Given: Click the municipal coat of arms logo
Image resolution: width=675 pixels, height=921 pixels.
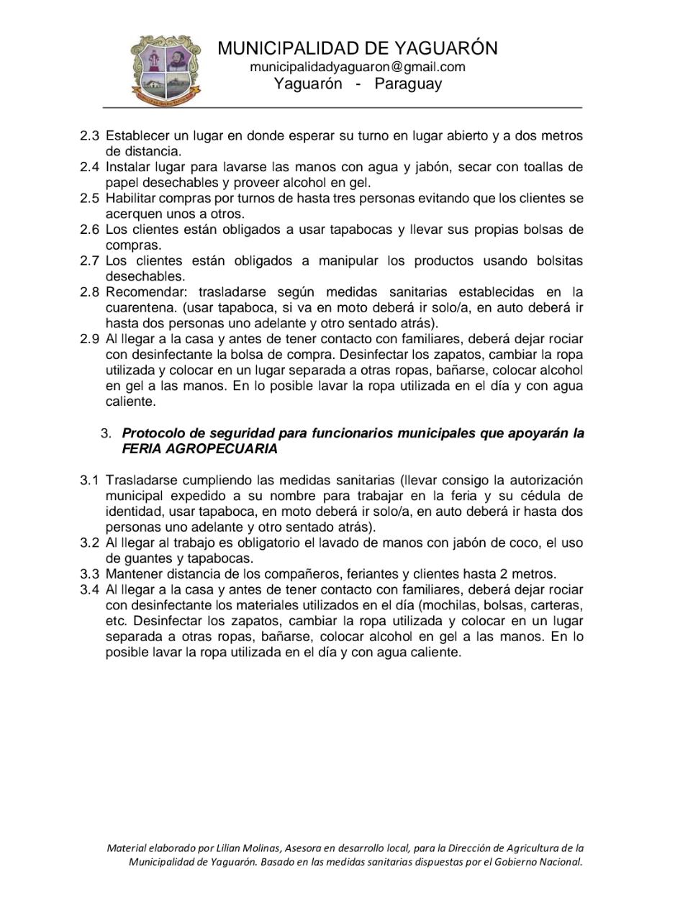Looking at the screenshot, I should tap(166, 70).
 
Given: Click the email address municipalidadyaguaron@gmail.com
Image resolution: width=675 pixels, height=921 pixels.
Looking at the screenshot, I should tap(358, 67).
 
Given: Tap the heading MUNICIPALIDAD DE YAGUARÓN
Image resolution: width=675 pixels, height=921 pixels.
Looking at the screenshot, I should tap(358, 48).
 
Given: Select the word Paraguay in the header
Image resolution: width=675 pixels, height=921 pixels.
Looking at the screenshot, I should tap(408, 84).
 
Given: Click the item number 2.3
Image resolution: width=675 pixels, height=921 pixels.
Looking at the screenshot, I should tap(89, 136).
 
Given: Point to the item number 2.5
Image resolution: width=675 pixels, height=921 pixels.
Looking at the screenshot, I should tap(89, 199).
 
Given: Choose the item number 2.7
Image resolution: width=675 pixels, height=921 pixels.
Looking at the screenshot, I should tap(89, 261).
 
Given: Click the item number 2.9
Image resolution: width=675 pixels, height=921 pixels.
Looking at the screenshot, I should tap(89, 339).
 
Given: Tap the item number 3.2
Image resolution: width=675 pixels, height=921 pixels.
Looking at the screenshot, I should tap(89, 543).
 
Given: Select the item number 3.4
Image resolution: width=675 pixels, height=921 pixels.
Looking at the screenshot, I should tap(89, 590).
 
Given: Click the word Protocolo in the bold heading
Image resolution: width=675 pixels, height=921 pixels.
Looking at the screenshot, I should tap(153, 434).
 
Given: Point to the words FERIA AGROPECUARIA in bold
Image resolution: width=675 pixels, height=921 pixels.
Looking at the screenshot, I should tap(199, 449).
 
